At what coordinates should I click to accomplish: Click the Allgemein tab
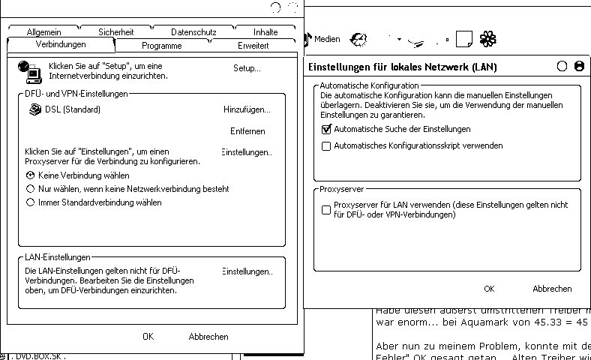pyautogui.click(x=43, y=32)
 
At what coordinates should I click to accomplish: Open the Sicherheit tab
pyautogui.click(x=115, y=32)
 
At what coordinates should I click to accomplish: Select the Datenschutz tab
pyautogui.click(x=193, y=32)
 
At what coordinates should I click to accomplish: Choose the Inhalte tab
pyautogui.click(x=265, y=32)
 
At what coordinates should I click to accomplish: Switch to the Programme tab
pyautogui.click(x=161, y=46)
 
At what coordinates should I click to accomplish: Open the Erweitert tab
pyautogui.click(x=253, y=46)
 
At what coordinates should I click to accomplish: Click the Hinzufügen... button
pyautogui.click(x=247, y=109)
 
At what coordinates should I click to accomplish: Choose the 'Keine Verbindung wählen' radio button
pyautogui.click(x=31, y=175)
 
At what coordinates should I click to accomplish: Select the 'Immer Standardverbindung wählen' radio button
pyautogui.click(x=31, y=202)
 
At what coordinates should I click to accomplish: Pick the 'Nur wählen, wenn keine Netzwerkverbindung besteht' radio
pyautogui.click(x=31, y=189)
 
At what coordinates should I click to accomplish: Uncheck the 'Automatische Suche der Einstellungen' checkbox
pyautogui.click(x=326, y=129)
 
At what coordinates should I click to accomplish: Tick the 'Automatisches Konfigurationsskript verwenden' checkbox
pyautogui.click(x=326, y=146)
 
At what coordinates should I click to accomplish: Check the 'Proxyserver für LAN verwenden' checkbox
pyautogui.click(x=326, y=210)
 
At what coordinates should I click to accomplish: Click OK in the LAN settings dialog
pyautogui.click(x=489, y=289)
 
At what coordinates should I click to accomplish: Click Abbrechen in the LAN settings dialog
pyautogui.click(x=552, y=289)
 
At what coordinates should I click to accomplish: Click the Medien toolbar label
pyautogui.click(x=327, y=39)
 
